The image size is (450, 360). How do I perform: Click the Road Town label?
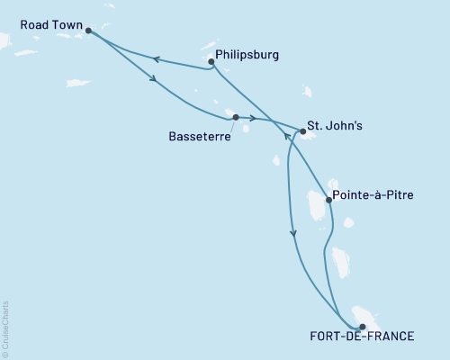click(40, 28)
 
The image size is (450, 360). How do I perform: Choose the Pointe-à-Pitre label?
click(373, 193)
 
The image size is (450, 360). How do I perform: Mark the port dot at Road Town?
click(88, 31)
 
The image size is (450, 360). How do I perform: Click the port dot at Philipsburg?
click(211, 62)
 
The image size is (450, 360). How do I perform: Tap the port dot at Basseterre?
click(236, 117)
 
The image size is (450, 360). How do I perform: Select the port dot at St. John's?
click(303, 132)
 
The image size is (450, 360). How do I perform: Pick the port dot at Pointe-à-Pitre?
click(328, 201)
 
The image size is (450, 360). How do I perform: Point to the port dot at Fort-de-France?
click(362, 327)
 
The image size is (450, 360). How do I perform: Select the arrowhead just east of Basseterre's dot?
click(253, 119)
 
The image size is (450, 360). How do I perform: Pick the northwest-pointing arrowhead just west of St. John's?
click(287, 137)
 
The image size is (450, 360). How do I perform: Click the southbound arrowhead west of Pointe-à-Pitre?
click(293, 233)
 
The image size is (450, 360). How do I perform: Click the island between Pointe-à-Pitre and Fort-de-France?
click(341, 262)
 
